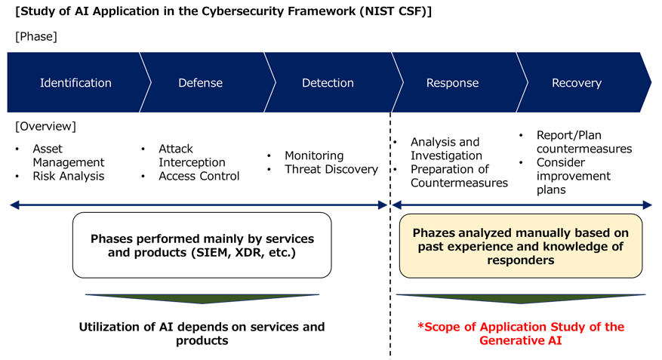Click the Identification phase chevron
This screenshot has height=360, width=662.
coord(75,83)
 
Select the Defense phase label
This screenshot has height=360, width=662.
coord(200,83)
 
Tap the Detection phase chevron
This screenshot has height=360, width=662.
coord(328,83)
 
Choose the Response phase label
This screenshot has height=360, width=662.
coord(452,83)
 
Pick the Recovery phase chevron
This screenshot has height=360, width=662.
coord(577,83)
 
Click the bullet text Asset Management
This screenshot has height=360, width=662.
coord(69,156)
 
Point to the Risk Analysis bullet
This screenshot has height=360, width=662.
coord(68,176)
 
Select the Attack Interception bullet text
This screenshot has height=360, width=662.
coord(192,156)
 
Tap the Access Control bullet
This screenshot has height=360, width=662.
coord(199,176)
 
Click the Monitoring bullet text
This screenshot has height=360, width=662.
coord(314,155)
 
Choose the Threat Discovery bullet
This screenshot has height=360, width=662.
coord(331,169)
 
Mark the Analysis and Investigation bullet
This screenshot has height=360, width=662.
coord(445,149)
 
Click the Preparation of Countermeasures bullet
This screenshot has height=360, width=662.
coord(459,176)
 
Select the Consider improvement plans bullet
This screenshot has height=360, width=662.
coord(574,176)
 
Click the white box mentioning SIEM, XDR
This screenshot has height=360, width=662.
coord(202,245)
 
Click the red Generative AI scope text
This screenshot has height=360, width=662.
coord(522,334)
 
